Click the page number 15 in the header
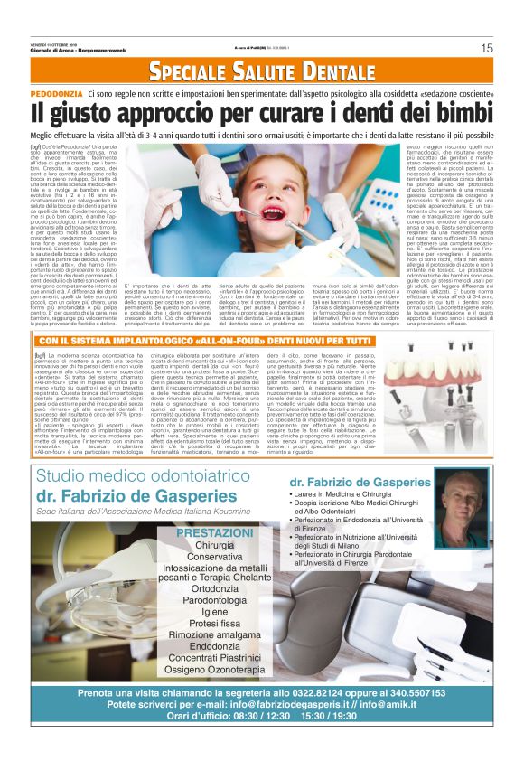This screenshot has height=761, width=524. (486, 48)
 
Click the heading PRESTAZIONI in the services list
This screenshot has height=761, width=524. (214, 534)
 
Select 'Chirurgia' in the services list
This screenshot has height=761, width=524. (214, 547)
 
